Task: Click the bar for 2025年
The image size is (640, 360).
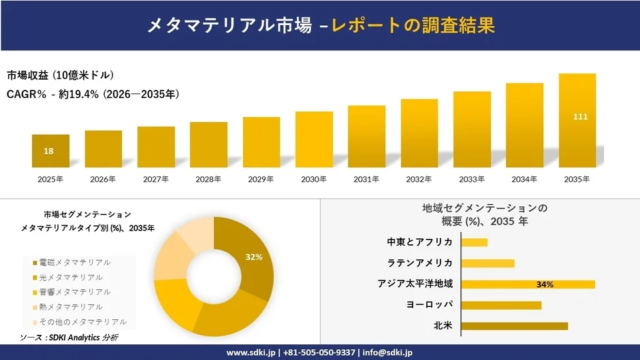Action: click(50, 151)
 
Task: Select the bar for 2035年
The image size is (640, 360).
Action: click(577, 120)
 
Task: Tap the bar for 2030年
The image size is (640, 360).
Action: click(313, 139)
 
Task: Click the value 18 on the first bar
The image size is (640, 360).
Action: click(49, 151)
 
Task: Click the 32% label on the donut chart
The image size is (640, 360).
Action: click(254, 257)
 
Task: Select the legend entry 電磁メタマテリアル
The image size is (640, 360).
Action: click(76, 262)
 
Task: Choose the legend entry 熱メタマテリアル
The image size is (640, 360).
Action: click(71, 306)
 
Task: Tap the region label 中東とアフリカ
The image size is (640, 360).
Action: click(419, 242)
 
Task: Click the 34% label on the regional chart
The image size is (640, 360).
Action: click(545, 284)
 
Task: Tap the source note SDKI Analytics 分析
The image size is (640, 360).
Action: click(81, 338)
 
